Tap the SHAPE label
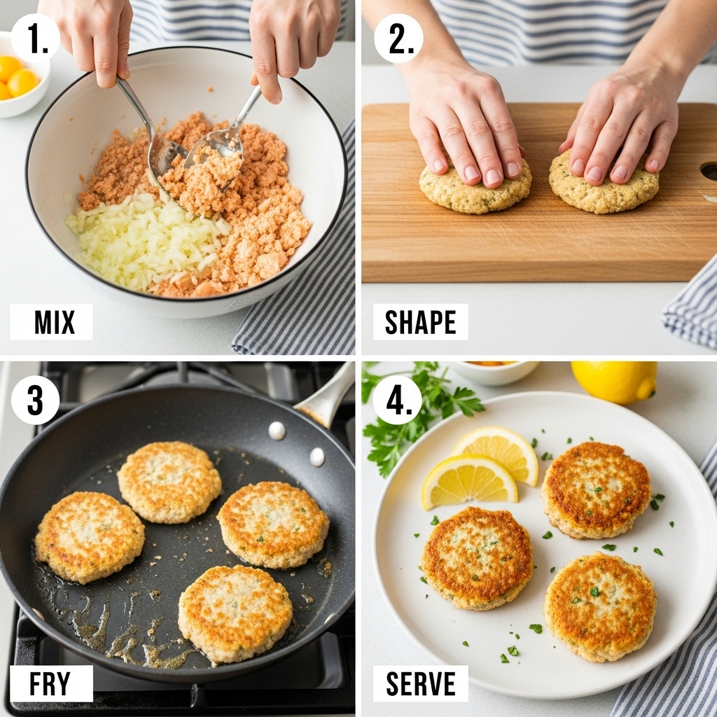[x=420, y=322]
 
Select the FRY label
[x=51, y=683]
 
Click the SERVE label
[x=420, y=683]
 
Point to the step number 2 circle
[x=398, y=39]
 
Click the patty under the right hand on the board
[x=604, y=189]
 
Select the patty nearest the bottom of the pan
[x=235, y=613]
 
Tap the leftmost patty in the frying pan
[x=89, y=537]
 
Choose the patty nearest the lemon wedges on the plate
[x=476, y=558]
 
